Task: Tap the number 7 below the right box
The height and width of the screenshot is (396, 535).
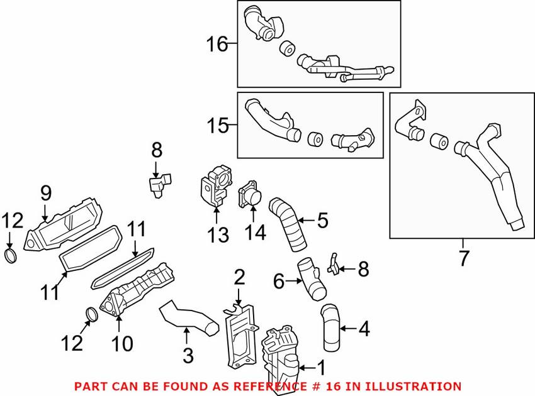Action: (464, 258)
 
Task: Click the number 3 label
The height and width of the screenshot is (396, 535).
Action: (188, 355)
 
